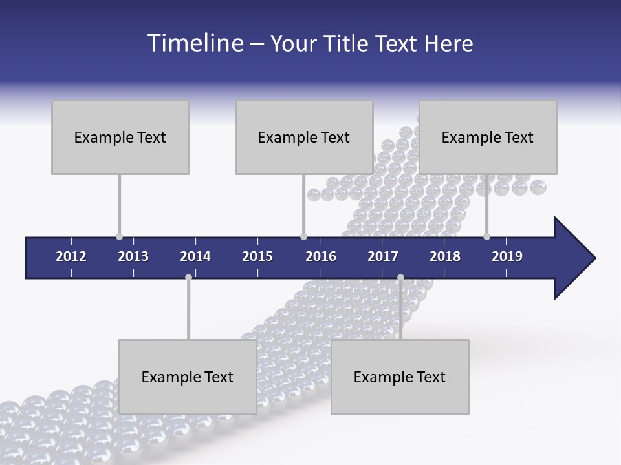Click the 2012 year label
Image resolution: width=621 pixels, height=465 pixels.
tap(71, 256)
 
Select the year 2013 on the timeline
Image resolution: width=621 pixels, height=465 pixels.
tap(133, 256)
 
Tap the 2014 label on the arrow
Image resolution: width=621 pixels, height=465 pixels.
tap(195, 256)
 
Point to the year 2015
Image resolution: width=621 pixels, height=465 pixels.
tap(257, 256)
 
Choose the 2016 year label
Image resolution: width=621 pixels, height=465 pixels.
tap(321, 256)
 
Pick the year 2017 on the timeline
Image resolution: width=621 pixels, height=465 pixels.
tap(383, 256)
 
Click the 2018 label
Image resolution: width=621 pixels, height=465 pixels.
tap(445, 256)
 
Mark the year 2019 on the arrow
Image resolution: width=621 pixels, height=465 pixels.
tap(507, 256)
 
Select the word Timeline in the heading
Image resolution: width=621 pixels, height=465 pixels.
tap(193, 43)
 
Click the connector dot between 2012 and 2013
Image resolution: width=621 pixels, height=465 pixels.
tap(119, 237)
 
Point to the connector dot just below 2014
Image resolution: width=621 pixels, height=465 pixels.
tap(188, 278)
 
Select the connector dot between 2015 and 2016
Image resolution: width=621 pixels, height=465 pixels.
tap(303, 237)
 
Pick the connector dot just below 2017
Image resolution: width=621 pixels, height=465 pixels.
tap(400, 278)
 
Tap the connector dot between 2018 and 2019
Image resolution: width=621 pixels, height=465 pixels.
tap(486, 237)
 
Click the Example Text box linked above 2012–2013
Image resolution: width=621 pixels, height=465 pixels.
tap(120, 138)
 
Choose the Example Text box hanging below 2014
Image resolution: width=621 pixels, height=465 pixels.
tap(188, 377)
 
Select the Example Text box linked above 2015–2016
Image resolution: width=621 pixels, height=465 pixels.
tap(304, 138)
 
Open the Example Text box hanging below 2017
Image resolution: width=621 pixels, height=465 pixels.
tap(400, 377)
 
